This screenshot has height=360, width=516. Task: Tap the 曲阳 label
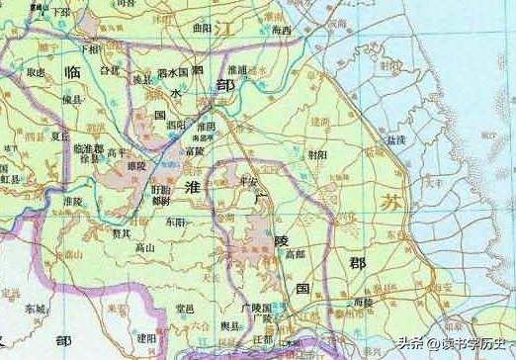click(x=203, y=29)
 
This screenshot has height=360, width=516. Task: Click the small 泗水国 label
click(x=172, y=73)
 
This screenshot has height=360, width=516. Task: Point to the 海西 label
click(x=282, y=31)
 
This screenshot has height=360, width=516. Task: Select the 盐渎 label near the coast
click(x=395, y=141)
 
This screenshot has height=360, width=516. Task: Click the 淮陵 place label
click(x=73, y=201)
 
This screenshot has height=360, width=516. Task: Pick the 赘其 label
click(x=122, y=234)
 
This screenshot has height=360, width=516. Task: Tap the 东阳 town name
click(x=175, y=222)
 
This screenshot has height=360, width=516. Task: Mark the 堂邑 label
click(x=184, y=309)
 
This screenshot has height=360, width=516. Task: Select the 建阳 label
click(x=147, y=337)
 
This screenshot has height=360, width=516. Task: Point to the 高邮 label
click(x=295, y=254)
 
